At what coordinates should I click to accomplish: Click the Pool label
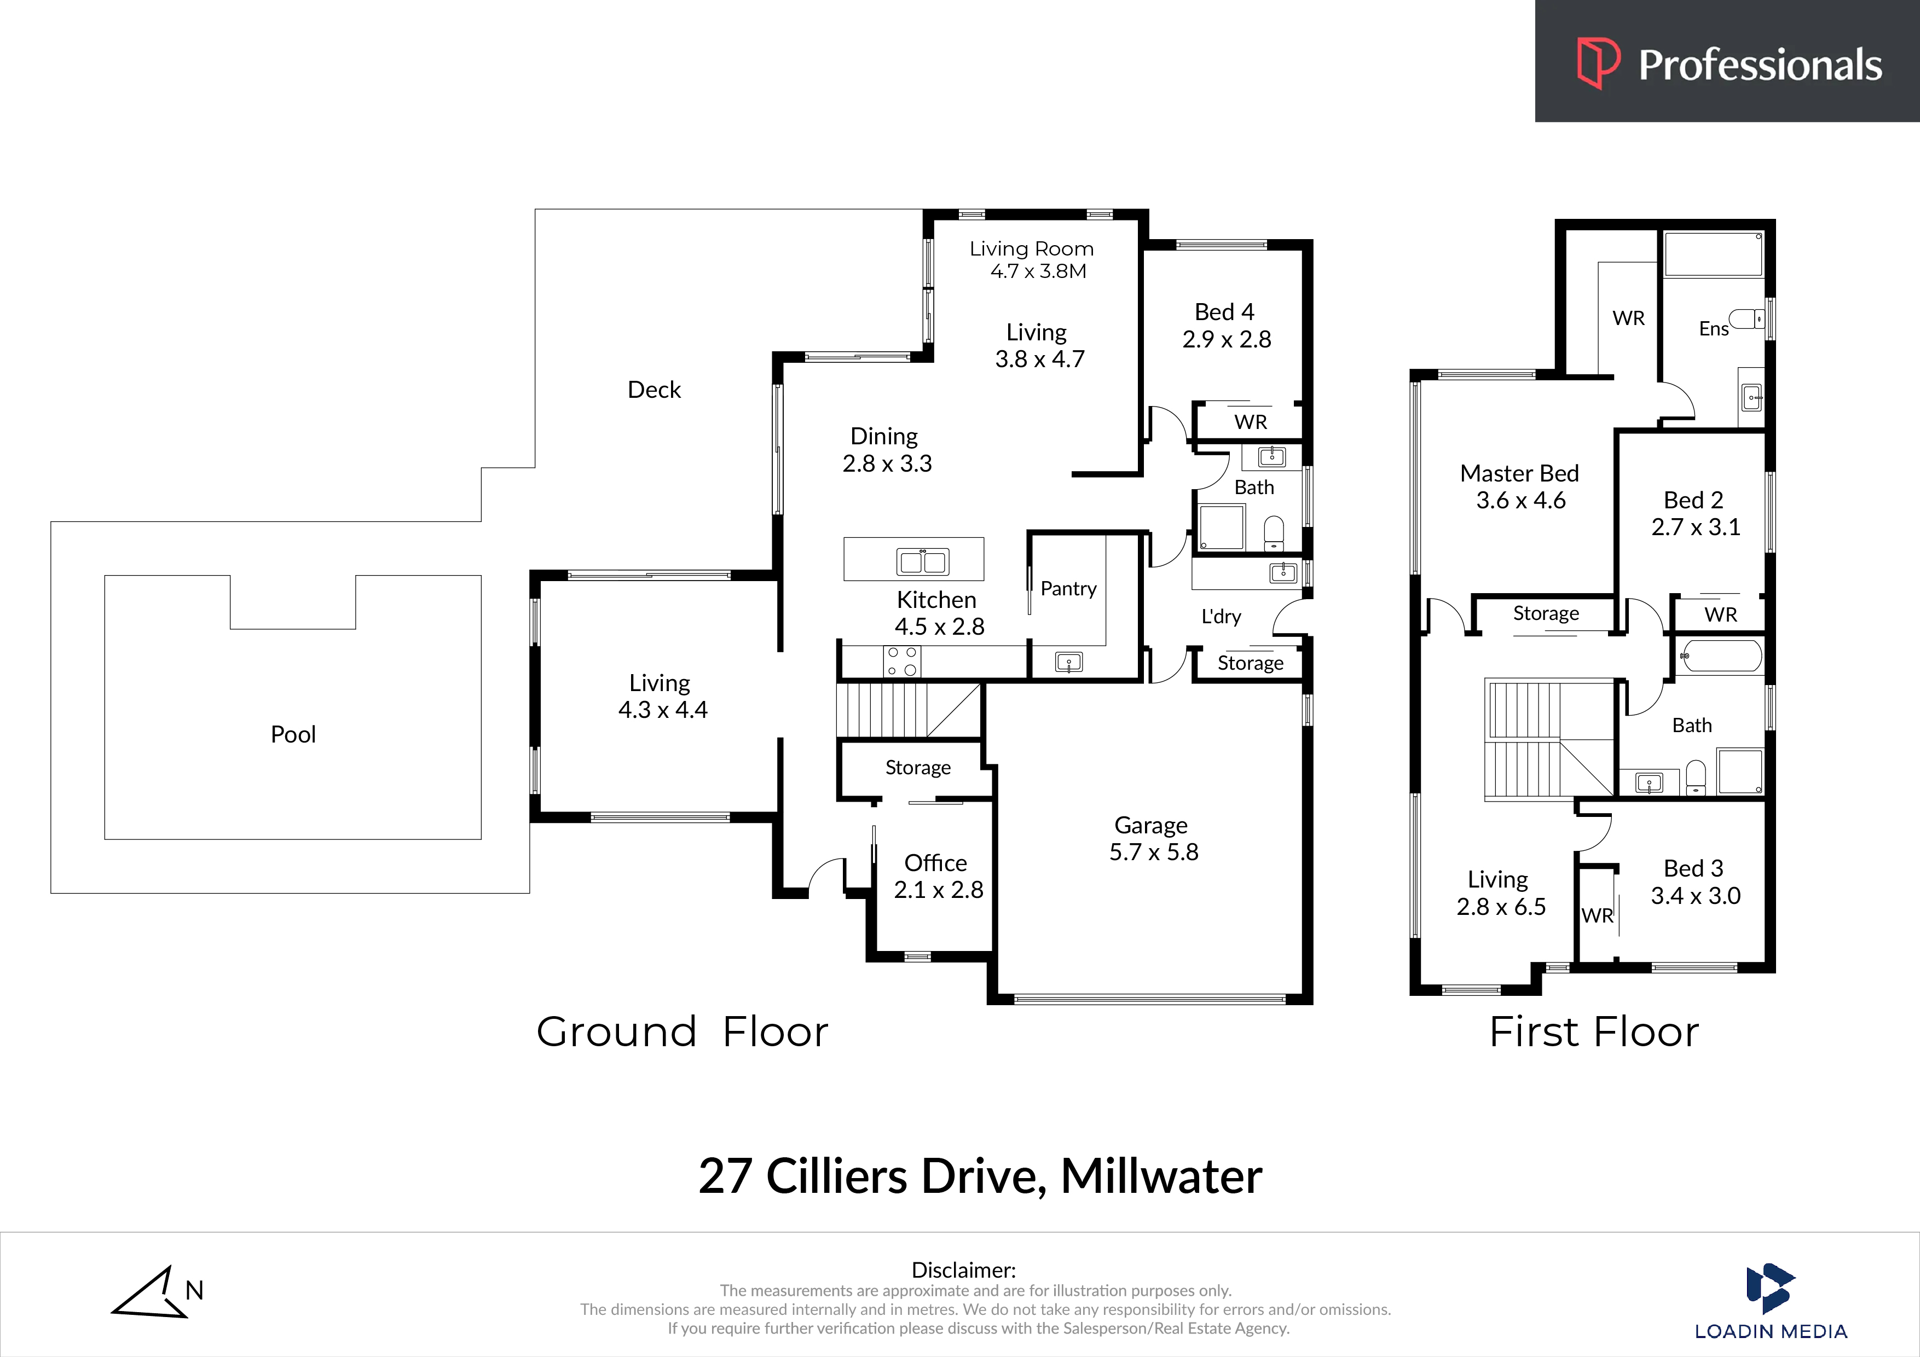pos(293,734)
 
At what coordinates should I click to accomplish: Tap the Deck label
pos(654,390)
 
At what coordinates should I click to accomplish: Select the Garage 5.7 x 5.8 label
pos(1153,839)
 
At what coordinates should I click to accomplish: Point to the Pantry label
pos(1068,589)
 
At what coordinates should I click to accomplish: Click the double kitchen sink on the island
pos(922,561)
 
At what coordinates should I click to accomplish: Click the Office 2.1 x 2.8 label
pos(938,876)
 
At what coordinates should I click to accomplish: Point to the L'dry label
pos(1221,616)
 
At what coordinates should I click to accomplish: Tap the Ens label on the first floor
pos(1714,329)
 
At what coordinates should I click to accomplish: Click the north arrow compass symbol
pos(151,1292)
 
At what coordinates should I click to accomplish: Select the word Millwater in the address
pos(1161,1176)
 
